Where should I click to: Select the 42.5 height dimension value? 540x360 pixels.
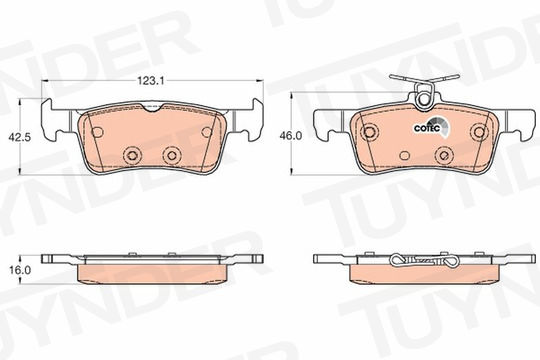[x=20, y=137]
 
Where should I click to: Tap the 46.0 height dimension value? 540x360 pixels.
[x=291, y=136]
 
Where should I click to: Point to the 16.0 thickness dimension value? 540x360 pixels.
[x=20, y=270]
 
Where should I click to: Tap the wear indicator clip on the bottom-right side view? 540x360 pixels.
[x=424, y=261]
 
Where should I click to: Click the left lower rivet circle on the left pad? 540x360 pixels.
[x=133, y=155]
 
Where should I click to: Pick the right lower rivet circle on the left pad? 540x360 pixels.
[x=172, y=155]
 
